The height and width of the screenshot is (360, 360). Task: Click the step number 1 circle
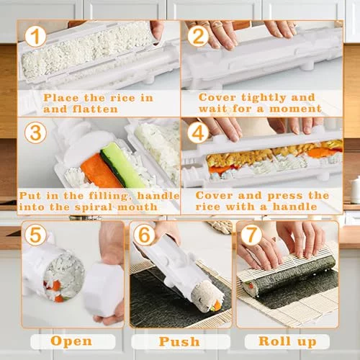(x=35, y=36)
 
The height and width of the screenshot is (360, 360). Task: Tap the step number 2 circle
(x=198, y=36)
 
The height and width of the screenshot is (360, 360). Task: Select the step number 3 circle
(x=35, y=132)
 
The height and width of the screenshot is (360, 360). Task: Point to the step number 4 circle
(x=198, y=132)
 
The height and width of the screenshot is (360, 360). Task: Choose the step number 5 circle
(x=35, y=235)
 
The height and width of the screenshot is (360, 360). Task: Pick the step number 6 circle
(x=144, y=235)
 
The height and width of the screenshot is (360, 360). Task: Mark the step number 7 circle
(x=251, y=235)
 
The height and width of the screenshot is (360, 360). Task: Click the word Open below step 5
(x=71, y=341)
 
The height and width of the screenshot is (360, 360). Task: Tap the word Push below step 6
(x=179, y=341)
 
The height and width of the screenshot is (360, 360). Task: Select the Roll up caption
(x=287, y=341)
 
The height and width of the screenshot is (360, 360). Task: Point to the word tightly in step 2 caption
(x=264, y=98)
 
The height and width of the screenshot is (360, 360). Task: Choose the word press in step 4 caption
(x=285, y=196)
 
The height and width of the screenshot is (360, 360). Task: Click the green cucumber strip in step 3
(x=122, y=165)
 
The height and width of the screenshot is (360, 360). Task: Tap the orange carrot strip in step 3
(x=101, y=171)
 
